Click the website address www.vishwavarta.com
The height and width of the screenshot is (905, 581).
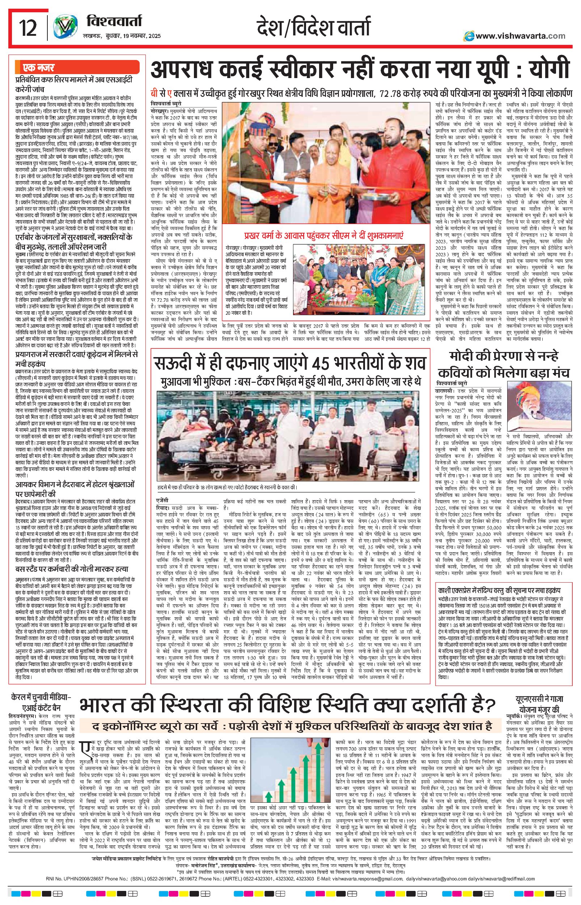click(x=520, y=36)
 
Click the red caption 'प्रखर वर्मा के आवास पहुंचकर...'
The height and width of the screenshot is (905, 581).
click(x=323, y=236)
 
